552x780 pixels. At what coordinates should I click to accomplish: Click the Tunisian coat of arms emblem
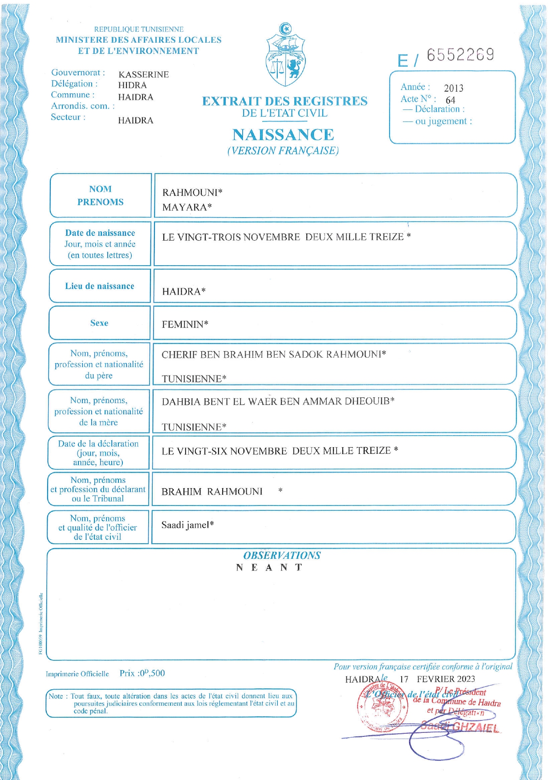pos(285,56)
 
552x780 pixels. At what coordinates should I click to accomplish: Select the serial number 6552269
pos(460,55)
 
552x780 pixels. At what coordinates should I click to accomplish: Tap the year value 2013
pos(454,88)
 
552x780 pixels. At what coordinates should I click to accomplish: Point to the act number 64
pos(451,100)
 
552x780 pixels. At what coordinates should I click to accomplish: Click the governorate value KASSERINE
pos(143,75)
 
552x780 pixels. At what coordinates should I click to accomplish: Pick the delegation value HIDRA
pos(132,85)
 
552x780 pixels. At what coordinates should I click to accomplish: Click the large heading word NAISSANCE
pos(283,135)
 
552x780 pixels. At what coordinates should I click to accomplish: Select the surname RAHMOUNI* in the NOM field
pos(192,193)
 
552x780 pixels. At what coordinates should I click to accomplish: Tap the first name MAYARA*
pos(187,207)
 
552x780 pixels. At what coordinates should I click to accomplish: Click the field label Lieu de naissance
pos(100,286)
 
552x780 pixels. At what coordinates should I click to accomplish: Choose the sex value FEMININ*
pos(185,324)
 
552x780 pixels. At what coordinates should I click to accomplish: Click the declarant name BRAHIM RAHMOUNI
pos(212,492)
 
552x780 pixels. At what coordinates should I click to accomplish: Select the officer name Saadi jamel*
pos(187,525)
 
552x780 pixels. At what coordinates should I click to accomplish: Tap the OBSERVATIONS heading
pos(281,555)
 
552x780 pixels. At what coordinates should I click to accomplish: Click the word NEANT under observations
pos(269,568)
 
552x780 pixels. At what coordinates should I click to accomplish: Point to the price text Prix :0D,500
pos(142,673)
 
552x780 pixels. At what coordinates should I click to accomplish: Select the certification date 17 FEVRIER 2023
pos(437,679)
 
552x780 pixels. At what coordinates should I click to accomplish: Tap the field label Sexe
pos(99,323)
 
